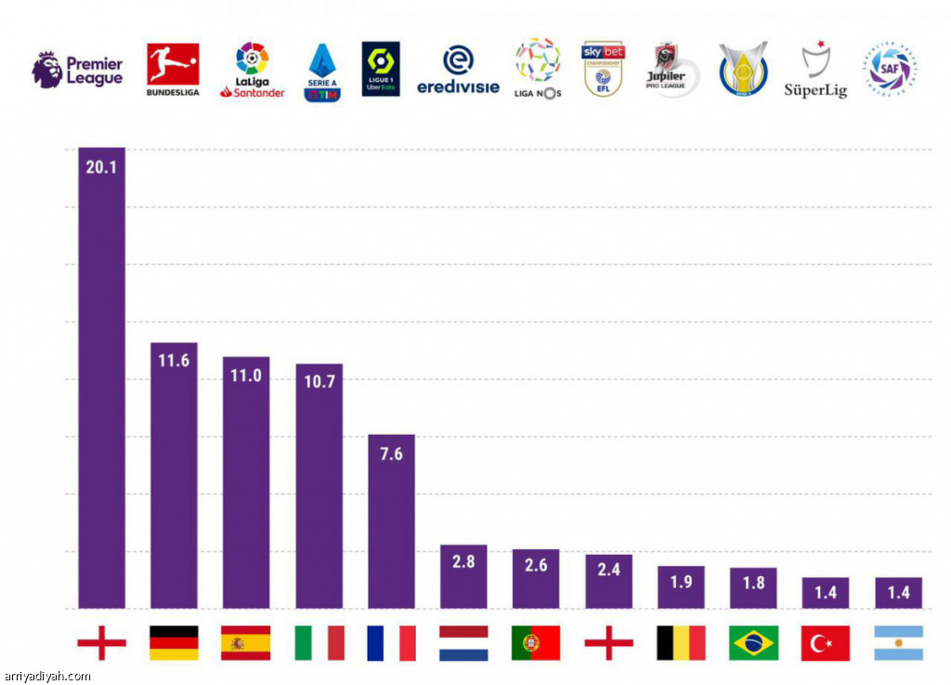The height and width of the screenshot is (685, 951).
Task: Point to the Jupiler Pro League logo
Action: coord(671,70)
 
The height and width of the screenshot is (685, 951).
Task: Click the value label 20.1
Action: coord(101,169)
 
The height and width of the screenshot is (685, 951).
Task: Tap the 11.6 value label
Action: coord(174,360)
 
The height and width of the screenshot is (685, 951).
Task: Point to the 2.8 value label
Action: coord(463,562)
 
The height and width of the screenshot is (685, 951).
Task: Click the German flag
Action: coord(174,643)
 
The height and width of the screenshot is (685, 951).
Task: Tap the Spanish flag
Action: coord(246,643)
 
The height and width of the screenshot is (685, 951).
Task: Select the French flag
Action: coord(391,643)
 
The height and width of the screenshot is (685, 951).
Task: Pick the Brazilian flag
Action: coord(753,643)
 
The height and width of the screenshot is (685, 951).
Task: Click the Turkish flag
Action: coord(826,643)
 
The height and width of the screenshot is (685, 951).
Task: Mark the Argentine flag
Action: coord(898,643)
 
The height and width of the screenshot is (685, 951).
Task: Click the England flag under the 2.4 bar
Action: coord(608,643)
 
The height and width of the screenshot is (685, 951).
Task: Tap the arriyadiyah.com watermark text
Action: coord(47,677)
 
